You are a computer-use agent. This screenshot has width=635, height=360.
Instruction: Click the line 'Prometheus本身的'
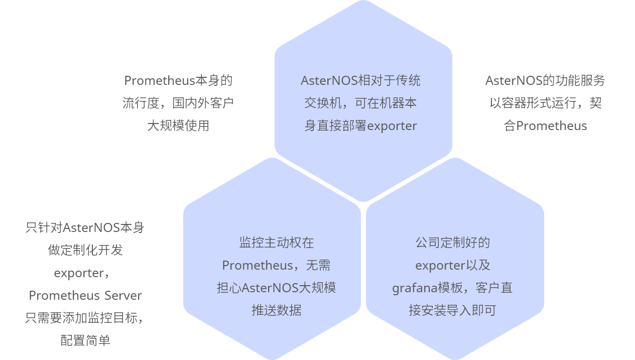[x=178, y=80]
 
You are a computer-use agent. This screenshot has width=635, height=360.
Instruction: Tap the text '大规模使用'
[x=178, y=126]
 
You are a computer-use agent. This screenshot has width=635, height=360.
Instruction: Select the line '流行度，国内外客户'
[x=178, y=103]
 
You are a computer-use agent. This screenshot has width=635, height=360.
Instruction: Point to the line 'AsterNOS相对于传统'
[x=360, y=80]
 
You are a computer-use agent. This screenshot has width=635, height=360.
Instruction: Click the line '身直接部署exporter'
[x=360, y=126]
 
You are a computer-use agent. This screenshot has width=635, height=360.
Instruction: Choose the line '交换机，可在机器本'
[x=360, y=103]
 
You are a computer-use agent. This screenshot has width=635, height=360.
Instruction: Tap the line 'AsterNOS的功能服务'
[x=545, y=80]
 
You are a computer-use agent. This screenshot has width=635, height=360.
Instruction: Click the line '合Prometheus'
[x=545, y=126]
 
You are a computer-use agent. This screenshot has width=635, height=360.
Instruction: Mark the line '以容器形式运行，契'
[x=545, y=103]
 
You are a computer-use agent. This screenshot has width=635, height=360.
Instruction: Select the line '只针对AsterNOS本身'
[x=85, y=227]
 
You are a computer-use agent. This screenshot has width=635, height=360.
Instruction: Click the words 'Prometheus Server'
[x=85, y=295]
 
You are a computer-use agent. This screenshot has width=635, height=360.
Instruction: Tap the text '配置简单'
[x=85, y=340]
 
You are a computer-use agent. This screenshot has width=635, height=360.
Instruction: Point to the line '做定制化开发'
[x=85, y=250]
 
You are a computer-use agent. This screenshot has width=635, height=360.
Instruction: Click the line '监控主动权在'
[x=276, y=243]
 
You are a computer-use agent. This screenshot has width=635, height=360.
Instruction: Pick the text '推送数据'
[x=276, y=310]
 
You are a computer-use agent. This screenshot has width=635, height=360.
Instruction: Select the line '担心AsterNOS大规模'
[x=276, y=288]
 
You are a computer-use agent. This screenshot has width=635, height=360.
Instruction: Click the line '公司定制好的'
[x=452, y=243]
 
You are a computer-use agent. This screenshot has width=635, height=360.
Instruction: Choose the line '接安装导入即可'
[x=452, y=310]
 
